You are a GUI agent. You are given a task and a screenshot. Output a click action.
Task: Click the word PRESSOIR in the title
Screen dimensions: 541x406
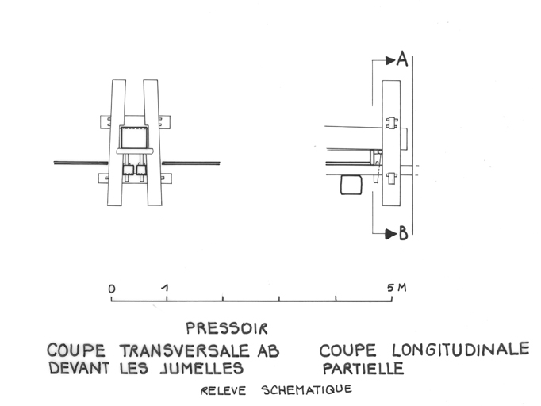(227, 328)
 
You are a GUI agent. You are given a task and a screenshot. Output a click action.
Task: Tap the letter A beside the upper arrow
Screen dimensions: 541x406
(402, 59)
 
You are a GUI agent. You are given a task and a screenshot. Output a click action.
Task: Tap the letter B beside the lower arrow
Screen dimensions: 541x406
(403, 233)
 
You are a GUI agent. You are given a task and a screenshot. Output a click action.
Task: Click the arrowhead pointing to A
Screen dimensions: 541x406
(391, 61)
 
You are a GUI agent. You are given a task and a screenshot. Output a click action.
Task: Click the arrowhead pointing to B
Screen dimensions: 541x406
(391, 234)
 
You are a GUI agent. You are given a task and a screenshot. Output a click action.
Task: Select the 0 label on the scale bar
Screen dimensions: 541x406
(111, 289)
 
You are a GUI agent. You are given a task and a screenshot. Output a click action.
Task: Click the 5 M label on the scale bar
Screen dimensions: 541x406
(397, 287)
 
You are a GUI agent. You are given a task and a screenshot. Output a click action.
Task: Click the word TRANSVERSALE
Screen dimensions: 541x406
(185, 351)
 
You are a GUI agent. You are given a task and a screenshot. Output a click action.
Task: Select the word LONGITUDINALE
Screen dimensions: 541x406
(461, 350)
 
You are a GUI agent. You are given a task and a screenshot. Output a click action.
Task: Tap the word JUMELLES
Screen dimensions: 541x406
(202, 369)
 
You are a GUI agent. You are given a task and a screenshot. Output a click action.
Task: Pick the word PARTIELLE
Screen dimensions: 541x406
(363, 369)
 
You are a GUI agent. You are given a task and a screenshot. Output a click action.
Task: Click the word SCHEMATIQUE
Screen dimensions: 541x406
(307, 390)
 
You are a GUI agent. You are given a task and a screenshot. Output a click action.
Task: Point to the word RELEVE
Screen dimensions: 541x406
(223, 391)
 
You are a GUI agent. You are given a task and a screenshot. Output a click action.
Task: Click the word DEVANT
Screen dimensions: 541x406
(79, 369)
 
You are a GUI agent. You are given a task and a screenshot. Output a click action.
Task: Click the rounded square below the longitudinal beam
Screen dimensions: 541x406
(351, 185)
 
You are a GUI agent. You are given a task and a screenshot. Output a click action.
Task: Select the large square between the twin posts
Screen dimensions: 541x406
(134, 138)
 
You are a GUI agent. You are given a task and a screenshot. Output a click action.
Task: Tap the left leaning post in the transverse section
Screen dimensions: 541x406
(117, 143)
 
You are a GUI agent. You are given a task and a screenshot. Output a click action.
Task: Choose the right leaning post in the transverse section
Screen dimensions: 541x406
(152, 143)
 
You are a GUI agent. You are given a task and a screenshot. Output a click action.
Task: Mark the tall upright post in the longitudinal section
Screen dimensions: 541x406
(392, 144)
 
